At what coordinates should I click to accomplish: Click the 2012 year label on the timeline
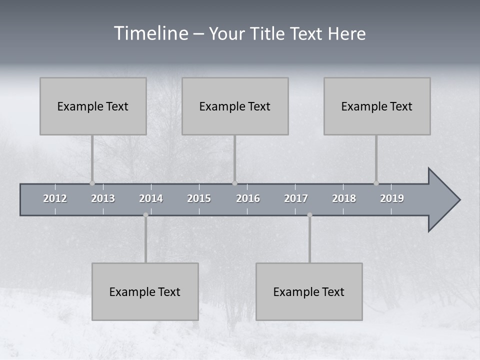click(55, 198)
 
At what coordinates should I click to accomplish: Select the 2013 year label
click(103, 198)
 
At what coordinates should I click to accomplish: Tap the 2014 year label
click(151, 198)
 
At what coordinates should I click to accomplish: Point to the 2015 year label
click(199, 198)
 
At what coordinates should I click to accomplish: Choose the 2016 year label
click(248, 198)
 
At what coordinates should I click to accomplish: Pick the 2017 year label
click(296, 198)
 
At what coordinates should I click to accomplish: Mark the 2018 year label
click(344, 198)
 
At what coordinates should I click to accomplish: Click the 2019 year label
click(392, 198)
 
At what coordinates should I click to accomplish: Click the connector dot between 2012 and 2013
click(92, 183)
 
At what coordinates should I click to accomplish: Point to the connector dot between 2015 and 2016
click(234, 183)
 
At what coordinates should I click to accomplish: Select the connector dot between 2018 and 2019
click(376, 183)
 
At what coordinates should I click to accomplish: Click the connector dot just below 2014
click(145, 215)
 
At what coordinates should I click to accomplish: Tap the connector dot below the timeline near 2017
click(309, 215)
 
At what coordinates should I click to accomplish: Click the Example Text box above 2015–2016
click(234, 106)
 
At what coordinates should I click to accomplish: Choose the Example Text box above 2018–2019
click(376, 106)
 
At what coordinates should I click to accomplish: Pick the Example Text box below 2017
click(308, 291)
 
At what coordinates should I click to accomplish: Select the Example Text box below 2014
click(144, 291)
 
